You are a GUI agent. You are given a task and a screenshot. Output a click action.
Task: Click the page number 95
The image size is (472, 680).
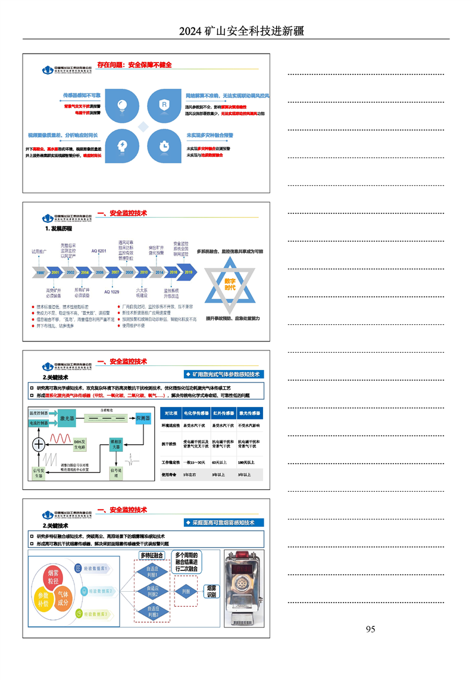tap(370, 629)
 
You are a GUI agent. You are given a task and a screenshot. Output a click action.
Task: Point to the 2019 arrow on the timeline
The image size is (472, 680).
tap(188, 272)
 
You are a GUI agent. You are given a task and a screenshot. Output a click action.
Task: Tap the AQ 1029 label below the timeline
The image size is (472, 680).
tap(111, 292)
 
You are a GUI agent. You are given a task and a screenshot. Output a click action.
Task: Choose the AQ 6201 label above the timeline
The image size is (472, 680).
tap(98, 251)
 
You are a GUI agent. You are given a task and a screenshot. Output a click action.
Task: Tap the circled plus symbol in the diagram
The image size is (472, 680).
tap(39, 444)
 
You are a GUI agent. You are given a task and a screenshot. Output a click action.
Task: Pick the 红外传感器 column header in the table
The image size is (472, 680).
tap(223, 412)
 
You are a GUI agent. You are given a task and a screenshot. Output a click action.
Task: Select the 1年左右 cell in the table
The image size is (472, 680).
tap(190, 475)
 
